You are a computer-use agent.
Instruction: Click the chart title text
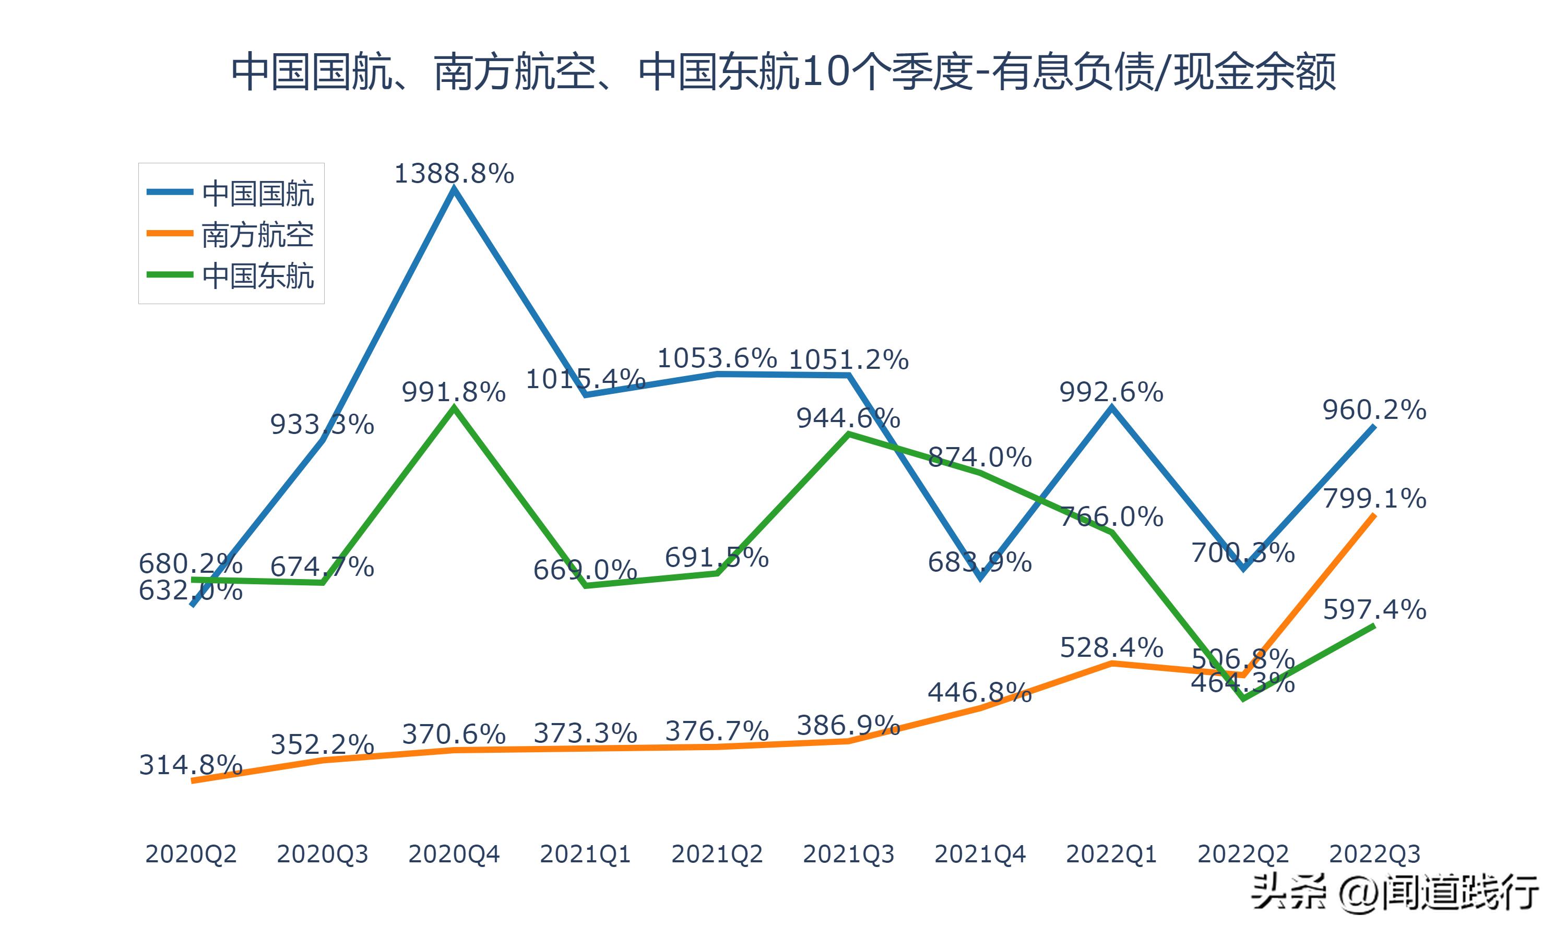tap(783, 72)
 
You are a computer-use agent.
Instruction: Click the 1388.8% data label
tap(454, 173)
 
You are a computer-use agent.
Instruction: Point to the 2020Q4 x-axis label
tap(454, 854)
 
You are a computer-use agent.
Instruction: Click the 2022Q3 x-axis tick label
tap(1374, 854)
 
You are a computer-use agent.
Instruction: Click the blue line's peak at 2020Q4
tap(454, 189)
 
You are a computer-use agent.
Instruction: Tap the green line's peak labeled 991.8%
tap(454, 408)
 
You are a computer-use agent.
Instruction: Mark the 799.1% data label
tap(1374, 499)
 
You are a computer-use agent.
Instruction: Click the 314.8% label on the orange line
tap(191, 765)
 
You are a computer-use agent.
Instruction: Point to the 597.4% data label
tap(1374, 609)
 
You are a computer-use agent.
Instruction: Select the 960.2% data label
tap(1374, 410)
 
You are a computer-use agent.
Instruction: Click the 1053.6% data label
tap(717, 358)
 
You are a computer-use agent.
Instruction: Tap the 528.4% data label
tap(1111, 647)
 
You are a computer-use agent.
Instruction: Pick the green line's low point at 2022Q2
tap(1243, 699)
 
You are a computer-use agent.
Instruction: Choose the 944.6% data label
tap(848, 418)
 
